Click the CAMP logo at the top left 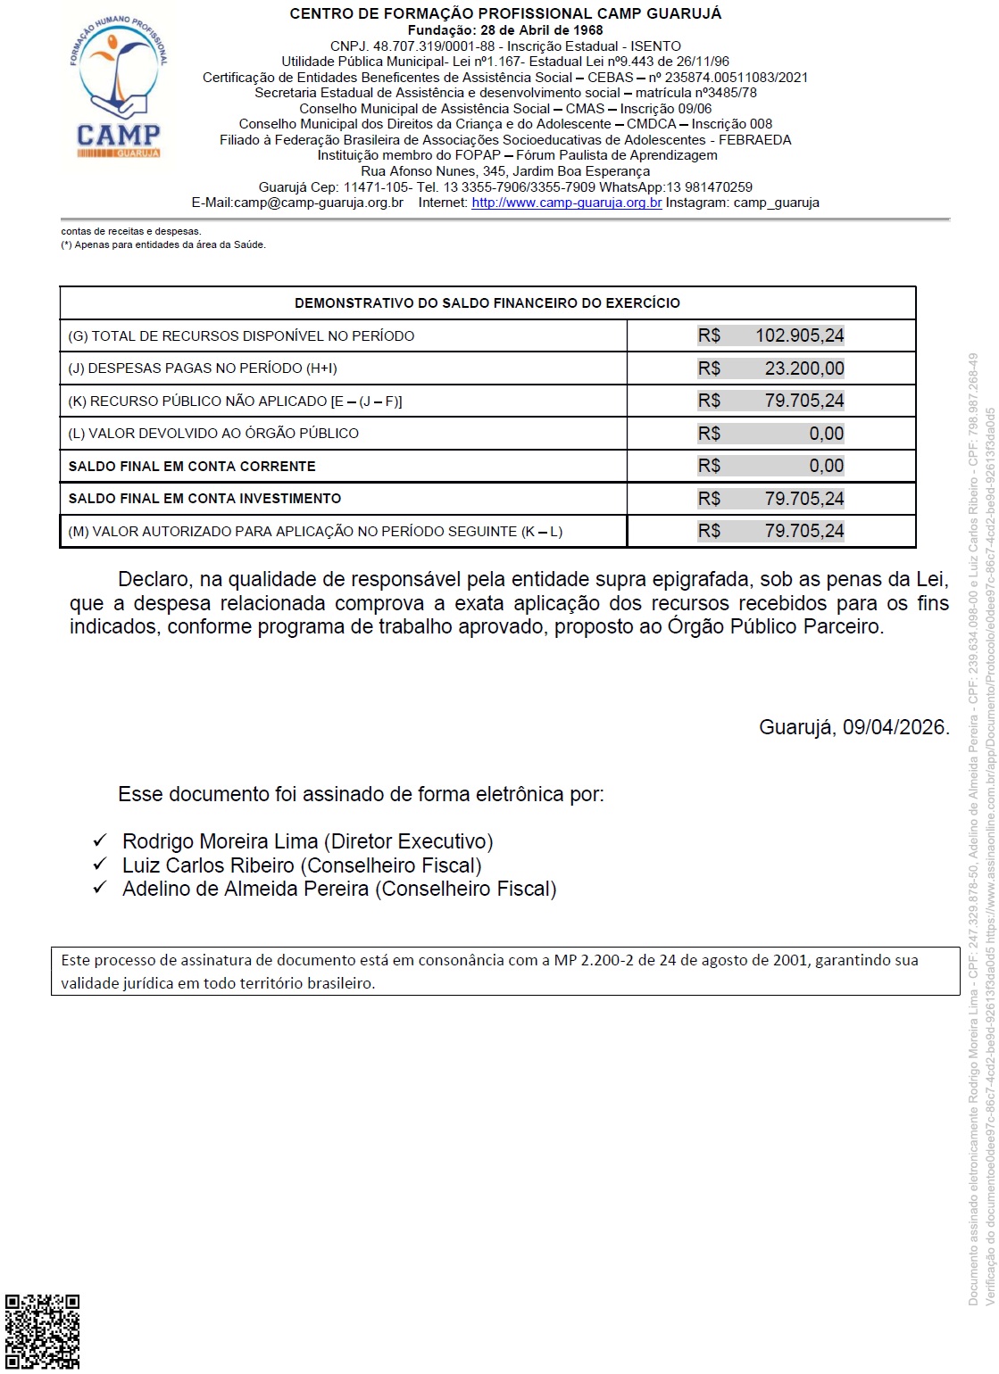click(x=118, y=87)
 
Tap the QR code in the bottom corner click(x=42, y=1331)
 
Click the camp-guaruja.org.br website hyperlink click(x=566, y=203)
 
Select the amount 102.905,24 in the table click(x=799, y=335)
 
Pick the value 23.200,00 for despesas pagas click(x=803, y=368)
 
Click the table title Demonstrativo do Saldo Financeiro click(x=487, y=303)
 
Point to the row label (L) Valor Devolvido click(x=213, y=434)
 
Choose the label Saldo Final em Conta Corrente click(x=192, y=467)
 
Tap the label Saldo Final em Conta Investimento click(x=204, y=499)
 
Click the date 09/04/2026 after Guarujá click(x=894, y=727)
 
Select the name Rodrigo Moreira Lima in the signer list click(x=221, y=841)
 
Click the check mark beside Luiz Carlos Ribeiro click(x=100, y=865)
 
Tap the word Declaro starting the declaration click(x=154, y=580)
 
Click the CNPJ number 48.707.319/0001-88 click(x=433, y=46)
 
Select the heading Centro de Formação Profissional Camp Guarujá click(x=505, y=13)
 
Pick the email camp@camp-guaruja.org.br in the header click(x=318, y=203)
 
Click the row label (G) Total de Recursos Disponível click(x=241, y=336)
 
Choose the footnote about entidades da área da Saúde click(x=163, y=244)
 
